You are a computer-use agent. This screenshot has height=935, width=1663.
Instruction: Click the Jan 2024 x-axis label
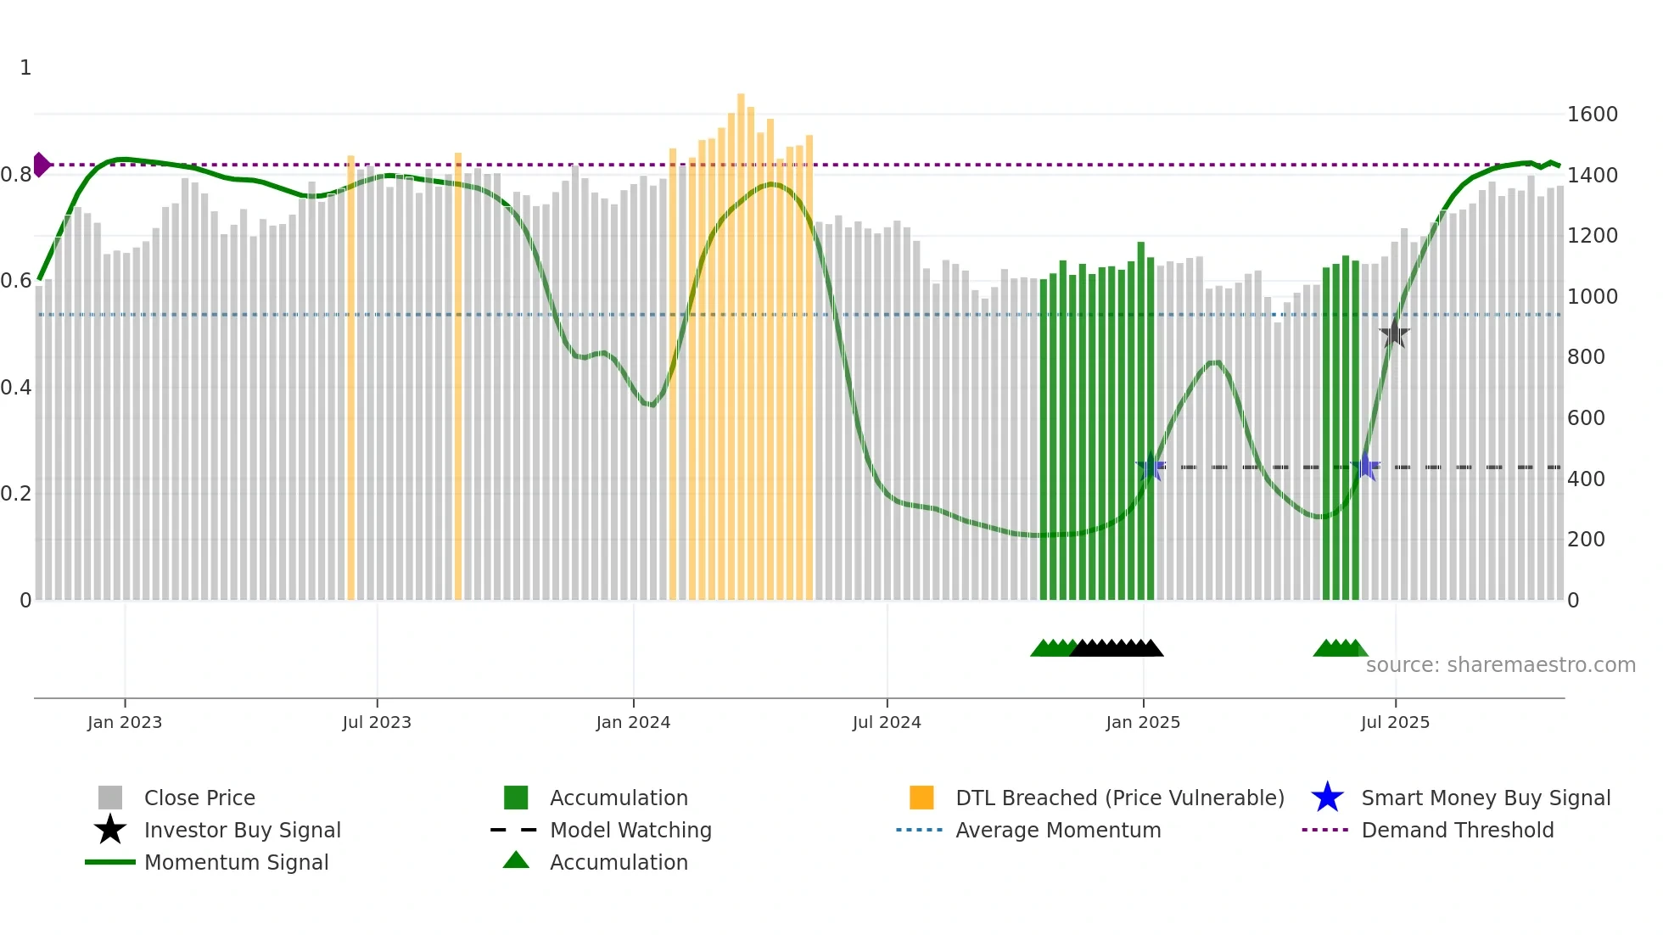click(x=633, y=722)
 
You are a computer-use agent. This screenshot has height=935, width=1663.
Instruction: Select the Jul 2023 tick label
click(x=377, y=722)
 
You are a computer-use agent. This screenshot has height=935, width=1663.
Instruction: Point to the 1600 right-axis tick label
click(x=1593, y=115)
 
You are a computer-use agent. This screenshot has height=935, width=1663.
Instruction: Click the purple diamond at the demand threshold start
click(x=41, y=165)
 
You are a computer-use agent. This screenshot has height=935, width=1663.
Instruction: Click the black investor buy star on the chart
click(x=1394, y=333)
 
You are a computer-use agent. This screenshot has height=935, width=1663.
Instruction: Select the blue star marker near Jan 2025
click(x=1151, y=467)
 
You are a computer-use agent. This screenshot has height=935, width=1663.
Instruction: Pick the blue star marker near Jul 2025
click(x=1365, y=466)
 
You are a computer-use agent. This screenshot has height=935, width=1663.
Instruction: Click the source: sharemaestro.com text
click(x=1500, y=665)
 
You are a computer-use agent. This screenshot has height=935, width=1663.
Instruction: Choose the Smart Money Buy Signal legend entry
click(x=1486, y=798)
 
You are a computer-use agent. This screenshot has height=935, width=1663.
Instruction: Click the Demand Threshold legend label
click(x=1457, y=830)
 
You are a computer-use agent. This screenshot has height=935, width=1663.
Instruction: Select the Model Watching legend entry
click(x=630, y=830)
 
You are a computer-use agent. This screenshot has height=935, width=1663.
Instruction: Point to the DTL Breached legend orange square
click(x=921, y=798)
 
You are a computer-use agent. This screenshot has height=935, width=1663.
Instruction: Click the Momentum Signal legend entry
click(x=236, y=862)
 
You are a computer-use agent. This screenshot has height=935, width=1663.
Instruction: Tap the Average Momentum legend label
click(x=1058, y=830)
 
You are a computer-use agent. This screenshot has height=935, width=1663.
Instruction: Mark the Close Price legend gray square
click(x=110, y=798)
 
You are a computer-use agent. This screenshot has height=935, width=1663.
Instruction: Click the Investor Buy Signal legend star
click(x=110, y=830)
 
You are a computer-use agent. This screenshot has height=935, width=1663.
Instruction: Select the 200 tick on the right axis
click(x=1586, y=540)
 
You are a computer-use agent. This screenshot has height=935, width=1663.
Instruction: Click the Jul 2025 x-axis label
click(x=1395, y=722)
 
